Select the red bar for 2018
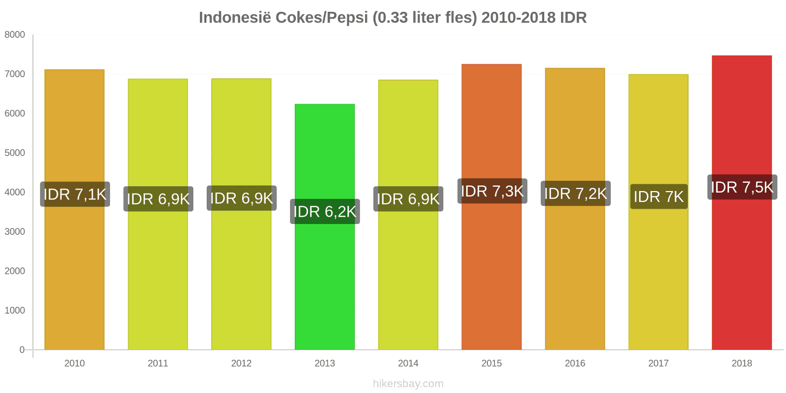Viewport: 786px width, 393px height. [x=741, y=275]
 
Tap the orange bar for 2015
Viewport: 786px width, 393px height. [x=491, y=275]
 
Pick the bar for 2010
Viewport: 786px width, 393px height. [x=75, y=275]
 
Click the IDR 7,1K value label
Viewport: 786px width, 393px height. [x=75, y=195]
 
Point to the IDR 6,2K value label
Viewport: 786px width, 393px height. [x=325, y=212]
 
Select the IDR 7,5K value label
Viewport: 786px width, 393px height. [x=742, y=187]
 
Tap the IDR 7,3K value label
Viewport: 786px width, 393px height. [x=492, y=191]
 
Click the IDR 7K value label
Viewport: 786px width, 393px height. [x=658, y=196]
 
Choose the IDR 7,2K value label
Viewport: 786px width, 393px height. [x=575, y=194]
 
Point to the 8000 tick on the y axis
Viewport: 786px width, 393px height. [x=15, y=35]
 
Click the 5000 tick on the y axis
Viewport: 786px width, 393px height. [x=15, y=153]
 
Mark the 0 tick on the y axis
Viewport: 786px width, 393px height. [x=22, y=350]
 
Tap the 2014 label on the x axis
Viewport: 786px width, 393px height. [x=408, y=364]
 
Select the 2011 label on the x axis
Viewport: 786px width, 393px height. [x=158, y=364]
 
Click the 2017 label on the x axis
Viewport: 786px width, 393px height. [x=658, y=364]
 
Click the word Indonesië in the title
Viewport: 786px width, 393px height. [x=234, y=18]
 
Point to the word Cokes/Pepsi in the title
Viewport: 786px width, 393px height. [x=321, y=18]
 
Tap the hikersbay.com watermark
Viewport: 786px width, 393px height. [x=408, y=384]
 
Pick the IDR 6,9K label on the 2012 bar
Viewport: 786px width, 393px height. [x=241, y=198]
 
